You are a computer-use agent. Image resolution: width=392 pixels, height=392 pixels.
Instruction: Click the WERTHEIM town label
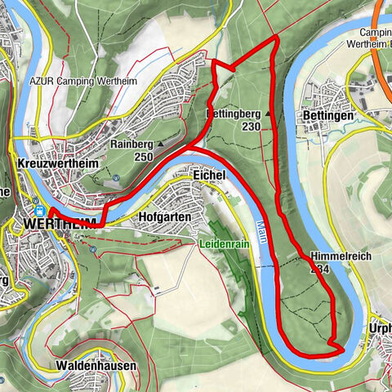point(60,223)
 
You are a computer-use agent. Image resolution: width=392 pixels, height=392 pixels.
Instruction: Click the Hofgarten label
point(165,217)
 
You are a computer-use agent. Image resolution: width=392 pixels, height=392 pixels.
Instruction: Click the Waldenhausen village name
point(96,365)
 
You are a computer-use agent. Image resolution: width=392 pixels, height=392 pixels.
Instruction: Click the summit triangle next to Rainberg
point(160,144)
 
